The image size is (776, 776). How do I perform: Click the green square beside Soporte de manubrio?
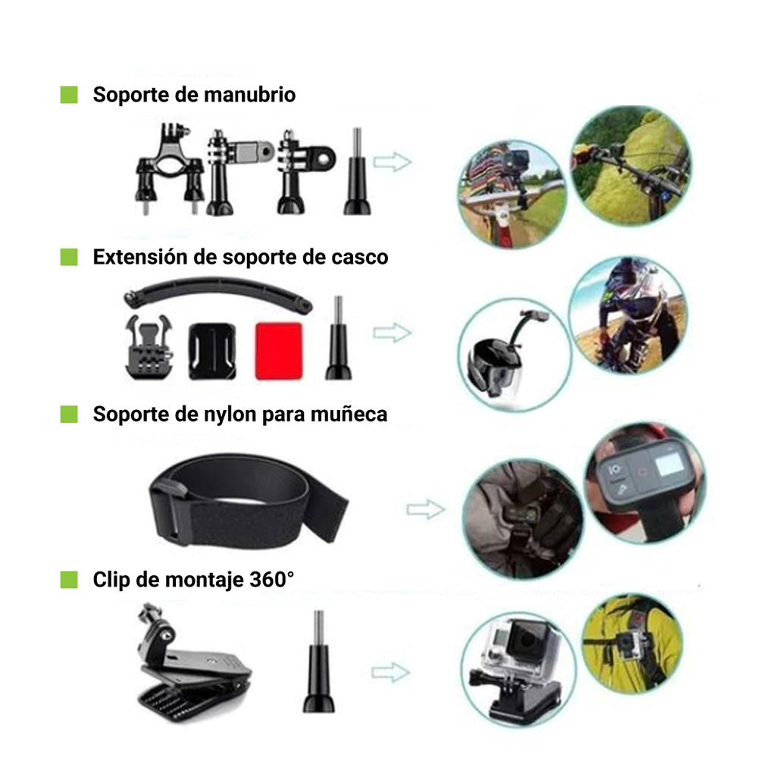69,95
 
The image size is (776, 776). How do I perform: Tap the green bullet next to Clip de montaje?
69,580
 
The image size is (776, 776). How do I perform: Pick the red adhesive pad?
279,351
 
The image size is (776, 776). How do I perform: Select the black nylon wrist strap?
248,500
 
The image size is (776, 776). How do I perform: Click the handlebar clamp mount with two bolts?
170,169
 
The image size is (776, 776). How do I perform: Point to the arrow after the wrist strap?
426,509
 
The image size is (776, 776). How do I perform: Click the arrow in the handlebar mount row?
392,162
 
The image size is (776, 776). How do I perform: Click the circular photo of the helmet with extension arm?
515,355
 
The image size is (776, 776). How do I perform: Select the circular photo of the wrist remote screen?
646,484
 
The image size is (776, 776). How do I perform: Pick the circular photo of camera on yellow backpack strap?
632,644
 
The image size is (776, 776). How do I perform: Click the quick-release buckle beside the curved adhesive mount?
149,348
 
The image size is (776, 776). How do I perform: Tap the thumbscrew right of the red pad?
339,338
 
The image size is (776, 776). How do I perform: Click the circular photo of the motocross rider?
628,315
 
